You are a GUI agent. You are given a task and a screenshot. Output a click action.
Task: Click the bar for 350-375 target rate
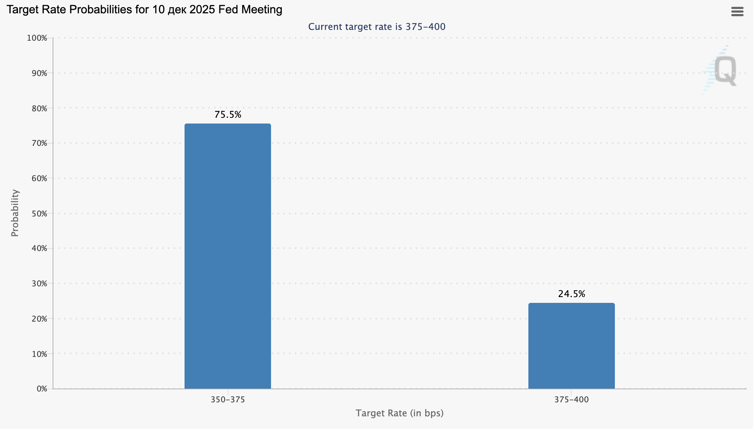[x=227, y=256]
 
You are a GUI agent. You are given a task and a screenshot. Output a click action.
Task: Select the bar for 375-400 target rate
[x=571, y=346]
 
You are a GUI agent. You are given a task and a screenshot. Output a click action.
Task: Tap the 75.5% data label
[x=228, y=115]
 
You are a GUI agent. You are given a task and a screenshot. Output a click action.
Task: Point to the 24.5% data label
[x=572, y=294]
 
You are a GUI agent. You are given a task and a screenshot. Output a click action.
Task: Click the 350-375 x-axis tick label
[x=228, y=400]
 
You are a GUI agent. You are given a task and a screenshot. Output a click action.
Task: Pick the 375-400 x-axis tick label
[x=572, y=400]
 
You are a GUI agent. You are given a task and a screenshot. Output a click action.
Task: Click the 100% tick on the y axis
[x=37, y=38]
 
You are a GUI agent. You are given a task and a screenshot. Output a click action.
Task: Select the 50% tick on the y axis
[x=39, y=214]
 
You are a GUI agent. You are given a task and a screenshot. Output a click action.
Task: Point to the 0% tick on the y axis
[x=42, y=389]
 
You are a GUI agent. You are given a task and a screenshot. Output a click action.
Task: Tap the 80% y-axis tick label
[x=39, y=108]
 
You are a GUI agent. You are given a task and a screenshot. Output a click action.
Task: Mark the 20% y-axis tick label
[x=39, y=319]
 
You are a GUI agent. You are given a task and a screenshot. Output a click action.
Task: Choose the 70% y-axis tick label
[x=39, y=143]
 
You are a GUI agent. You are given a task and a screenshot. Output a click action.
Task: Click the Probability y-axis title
[x=15, y=213]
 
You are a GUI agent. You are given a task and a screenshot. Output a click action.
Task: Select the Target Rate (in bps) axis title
[x=399, y=413]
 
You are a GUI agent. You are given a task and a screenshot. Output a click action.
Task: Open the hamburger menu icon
[x=737, y=12]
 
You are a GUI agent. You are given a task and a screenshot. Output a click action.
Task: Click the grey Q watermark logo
[x=724, y=71]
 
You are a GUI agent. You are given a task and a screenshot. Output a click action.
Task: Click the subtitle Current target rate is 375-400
[x=377, y=27]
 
